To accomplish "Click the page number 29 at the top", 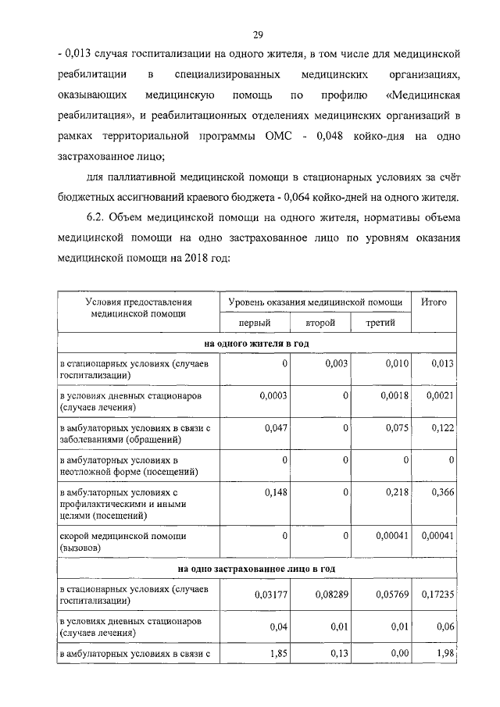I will [257, 34].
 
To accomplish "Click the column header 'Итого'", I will [434, 302].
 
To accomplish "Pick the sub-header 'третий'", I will [380, 322].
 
